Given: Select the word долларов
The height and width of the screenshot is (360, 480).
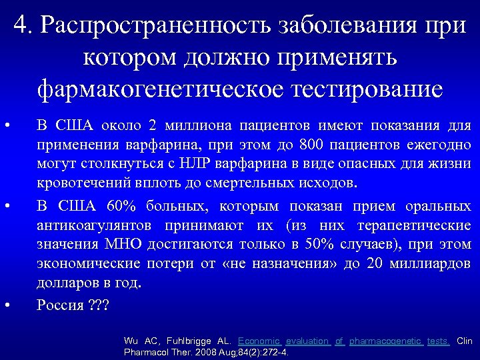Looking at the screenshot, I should point(67,282).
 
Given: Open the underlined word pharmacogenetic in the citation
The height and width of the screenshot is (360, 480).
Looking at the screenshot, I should point(387,341).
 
